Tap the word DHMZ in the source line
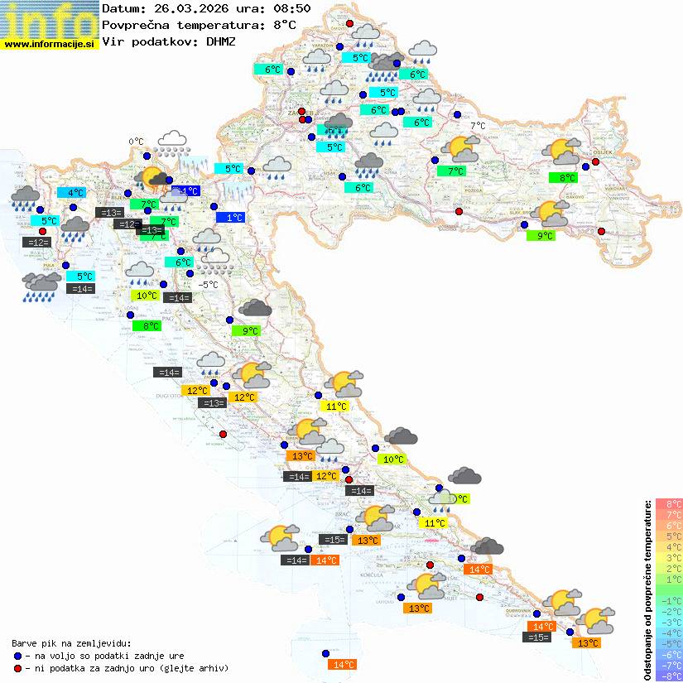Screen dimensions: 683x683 pos(220,41)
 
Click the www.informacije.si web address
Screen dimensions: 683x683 pos(49,44)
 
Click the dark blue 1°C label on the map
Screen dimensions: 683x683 pos(234,217)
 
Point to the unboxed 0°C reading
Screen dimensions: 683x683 pos(136,142)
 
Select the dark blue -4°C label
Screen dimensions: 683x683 pos(187,190)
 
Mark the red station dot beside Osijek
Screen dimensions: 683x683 pos(595,162)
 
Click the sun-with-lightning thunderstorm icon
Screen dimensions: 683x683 pos(153,177)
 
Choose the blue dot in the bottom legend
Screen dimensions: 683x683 pos(17,655)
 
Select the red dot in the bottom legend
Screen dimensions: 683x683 pos(17,667)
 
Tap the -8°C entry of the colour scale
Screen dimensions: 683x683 pos(669,676)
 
